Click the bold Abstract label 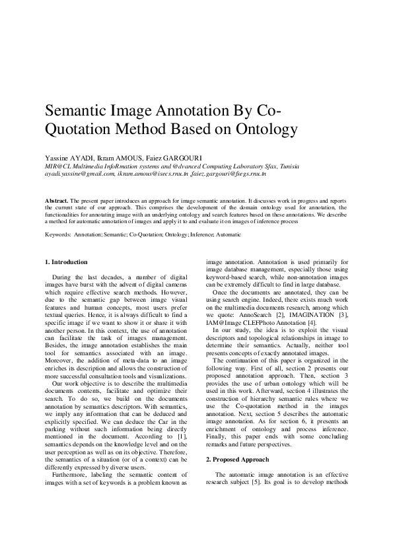click(x=57, y=199)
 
